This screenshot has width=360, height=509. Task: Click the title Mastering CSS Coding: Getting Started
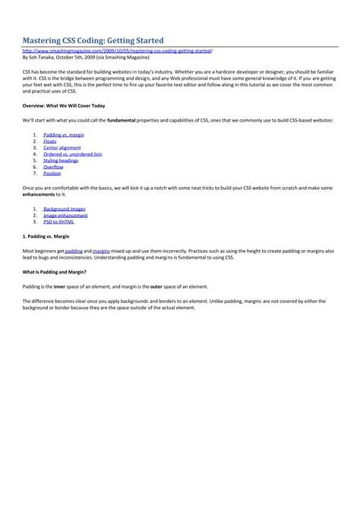pyautogui.click(x=93, y=39)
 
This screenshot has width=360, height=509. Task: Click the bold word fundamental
pyautogui.click(x=122, y=120)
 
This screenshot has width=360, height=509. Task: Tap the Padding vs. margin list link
pyautogui.click(x=63, y=134)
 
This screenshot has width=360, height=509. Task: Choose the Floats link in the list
pyautogui.click(x=50, y=141)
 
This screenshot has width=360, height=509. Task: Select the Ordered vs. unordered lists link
pyautogui.click(x=73, y=154)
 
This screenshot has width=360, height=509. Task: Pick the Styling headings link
pyautogui.click(x=61, y=160)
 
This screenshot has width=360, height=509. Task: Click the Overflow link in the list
pyautogui.click(x=53, y=167)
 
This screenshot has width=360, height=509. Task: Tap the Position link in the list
pyautogui.click(x=52, y=173)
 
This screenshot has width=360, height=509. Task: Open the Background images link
pyautogui.click(x=64, y=208)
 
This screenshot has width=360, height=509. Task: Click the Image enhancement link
pyautogui.click(x=65, y=215)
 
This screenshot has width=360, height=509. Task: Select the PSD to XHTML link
pyautogui.click(x=58, y=221)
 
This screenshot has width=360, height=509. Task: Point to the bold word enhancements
pyautogui.click(x=39, y=194)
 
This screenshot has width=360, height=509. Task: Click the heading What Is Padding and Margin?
pyautogui.click(x=54, y=271)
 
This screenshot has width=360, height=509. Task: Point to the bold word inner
pyautogui.click(x=60, y=286)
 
